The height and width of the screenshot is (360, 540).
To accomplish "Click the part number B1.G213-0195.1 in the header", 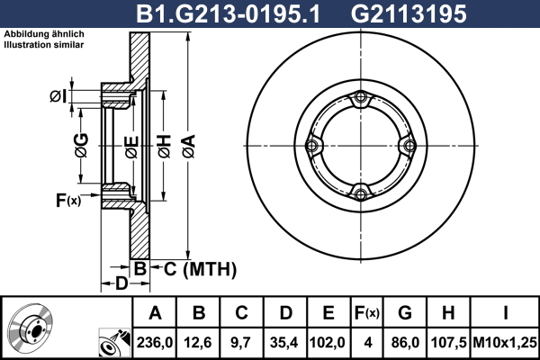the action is click(229, 14).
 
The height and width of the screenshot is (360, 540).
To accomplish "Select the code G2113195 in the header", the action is click(409, 14).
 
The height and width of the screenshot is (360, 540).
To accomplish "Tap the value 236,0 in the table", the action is click(155, 342).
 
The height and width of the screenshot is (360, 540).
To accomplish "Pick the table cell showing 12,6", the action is click(198, 342).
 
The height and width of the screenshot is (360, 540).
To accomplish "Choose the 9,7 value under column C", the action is click(241, 342).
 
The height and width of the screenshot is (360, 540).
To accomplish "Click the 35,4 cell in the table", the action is click(284, 342).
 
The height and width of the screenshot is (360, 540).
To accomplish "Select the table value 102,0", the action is click(328, 342).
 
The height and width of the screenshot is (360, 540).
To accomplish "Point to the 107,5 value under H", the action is click(448, 342).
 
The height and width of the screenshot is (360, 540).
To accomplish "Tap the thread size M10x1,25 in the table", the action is click(505, 342).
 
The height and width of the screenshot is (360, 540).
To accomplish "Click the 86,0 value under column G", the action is click(405, 342).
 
